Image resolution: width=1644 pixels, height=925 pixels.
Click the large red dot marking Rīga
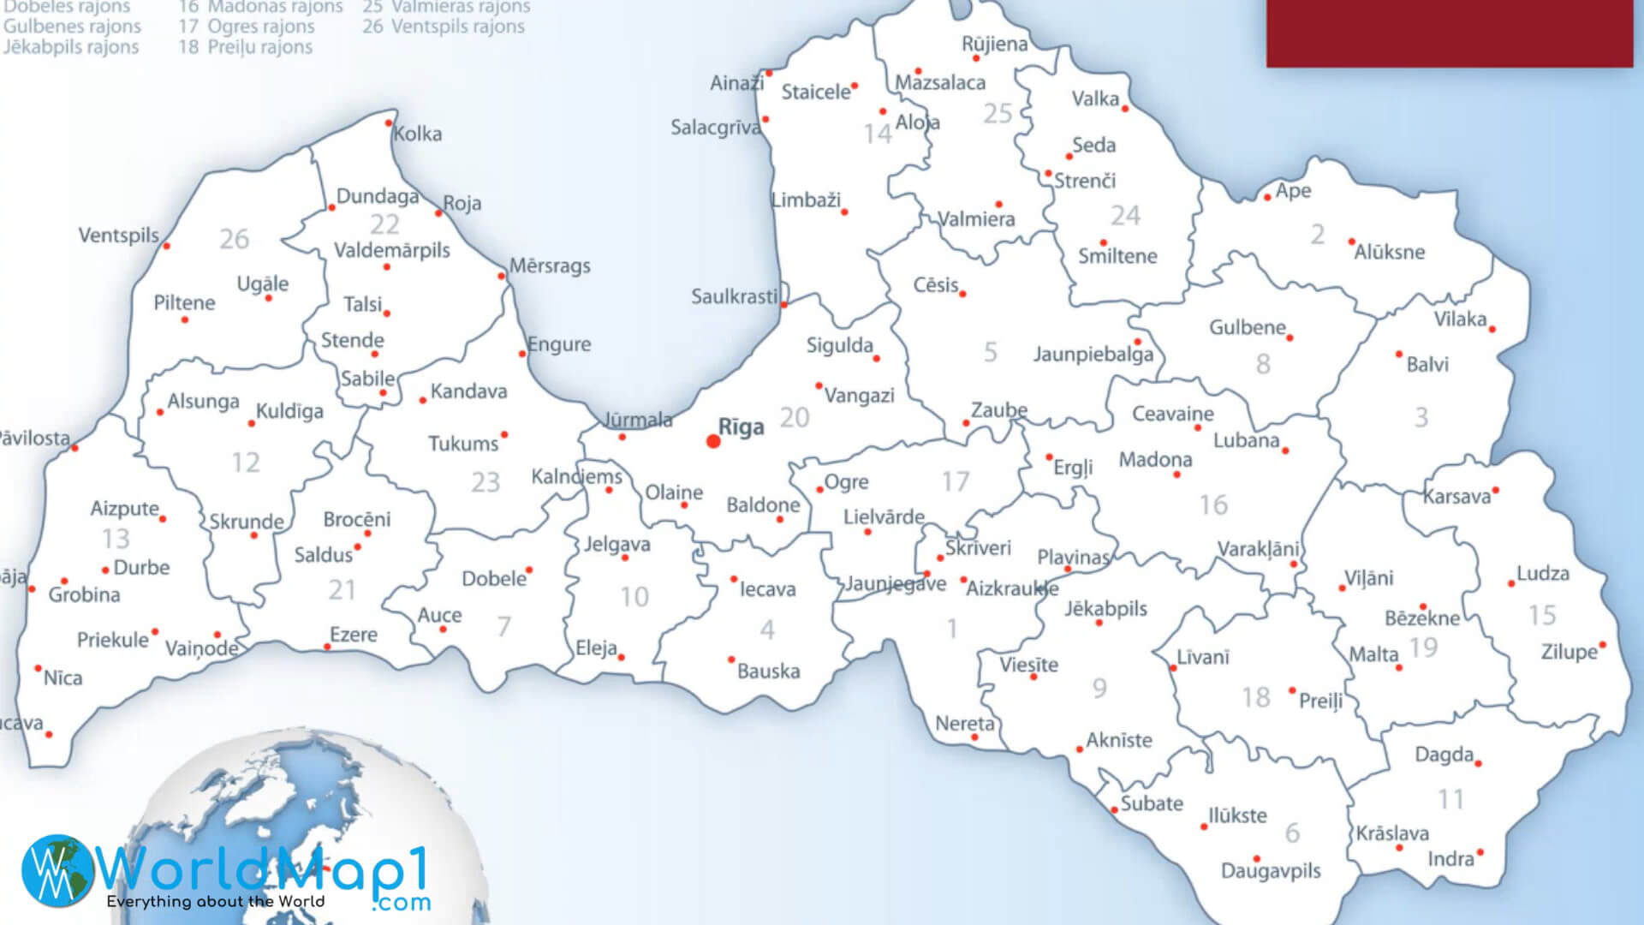(713, 441)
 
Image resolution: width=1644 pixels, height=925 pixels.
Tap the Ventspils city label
(119, 236)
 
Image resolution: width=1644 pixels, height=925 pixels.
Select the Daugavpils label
(1271, 871)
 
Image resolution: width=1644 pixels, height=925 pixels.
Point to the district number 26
(234, 239)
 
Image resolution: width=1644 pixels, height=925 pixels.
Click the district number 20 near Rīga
(794, 418)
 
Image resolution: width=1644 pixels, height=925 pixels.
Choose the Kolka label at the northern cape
(418, 134)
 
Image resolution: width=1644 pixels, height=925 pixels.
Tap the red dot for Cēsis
(962, 294)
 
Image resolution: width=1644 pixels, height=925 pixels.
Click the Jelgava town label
(617, 544)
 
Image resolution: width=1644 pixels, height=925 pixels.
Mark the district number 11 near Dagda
(1450, 800)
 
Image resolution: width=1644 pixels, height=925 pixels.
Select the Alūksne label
(1389, 253)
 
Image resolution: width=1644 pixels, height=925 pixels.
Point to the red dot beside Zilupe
(1602, 645)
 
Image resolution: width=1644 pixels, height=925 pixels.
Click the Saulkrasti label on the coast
(735, 297)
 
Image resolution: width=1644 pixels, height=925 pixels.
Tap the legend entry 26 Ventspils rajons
(444, 27)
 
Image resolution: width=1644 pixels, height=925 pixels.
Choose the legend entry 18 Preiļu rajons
(246, 47)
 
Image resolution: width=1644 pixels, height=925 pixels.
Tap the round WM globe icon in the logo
(57, 871)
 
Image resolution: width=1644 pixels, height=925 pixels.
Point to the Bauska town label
(768, 671)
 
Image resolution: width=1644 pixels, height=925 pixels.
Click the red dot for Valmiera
(998, 205)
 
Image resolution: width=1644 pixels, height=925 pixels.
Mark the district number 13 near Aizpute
(116, 539)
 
